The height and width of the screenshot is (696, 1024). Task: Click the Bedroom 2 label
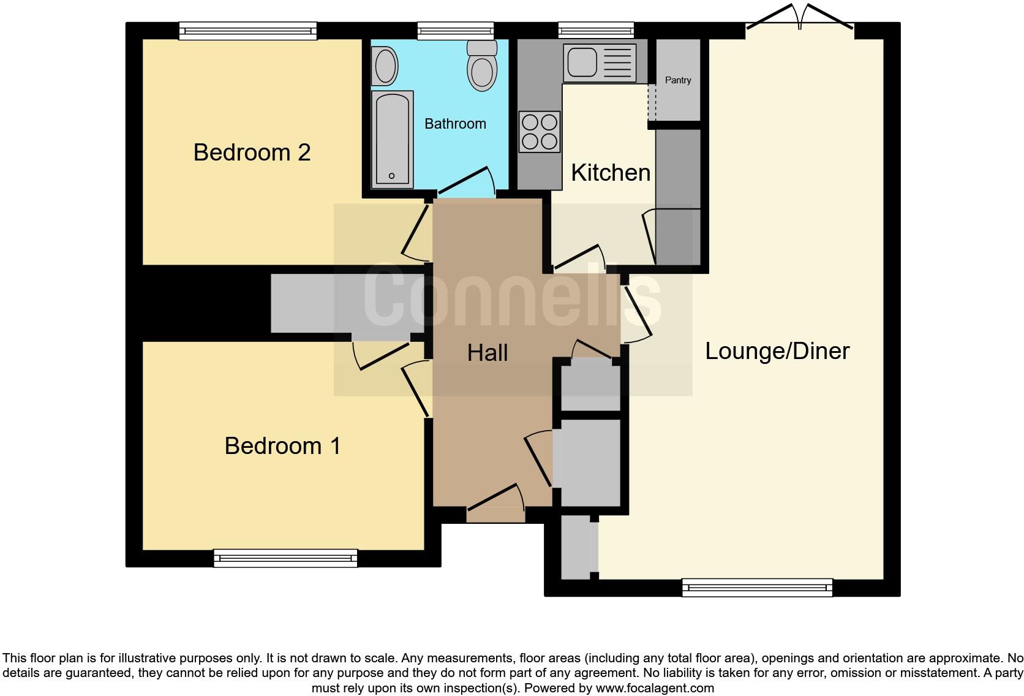click(x=252, y=152)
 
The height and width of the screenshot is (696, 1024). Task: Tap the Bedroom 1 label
click(x=282, y=445)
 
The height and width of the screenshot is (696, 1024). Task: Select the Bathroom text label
click(x=455, y=124)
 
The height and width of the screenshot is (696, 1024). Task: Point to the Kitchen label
click(x=611, y=173)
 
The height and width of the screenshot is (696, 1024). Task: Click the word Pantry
click(x=678, y=80)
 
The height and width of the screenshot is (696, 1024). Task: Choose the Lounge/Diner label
click(x=777, y=351)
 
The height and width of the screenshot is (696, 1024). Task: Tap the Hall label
click(x=488, y=353)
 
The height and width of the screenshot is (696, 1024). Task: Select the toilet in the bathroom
click(x=482, y=66)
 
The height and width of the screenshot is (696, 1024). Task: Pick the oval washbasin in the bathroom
click(x=385, y=66)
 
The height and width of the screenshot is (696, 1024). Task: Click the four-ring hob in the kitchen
click(x=540, y=132)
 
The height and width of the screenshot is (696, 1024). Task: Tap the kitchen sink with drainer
click(x=600, y=62)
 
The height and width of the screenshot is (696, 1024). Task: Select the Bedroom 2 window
click(x=248, y=30)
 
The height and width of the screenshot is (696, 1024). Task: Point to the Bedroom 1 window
click(x=285, y=558)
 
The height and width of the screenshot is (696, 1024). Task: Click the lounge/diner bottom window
click(x=757, y=588)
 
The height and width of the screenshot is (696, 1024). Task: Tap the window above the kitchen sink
click(x=596, y=29)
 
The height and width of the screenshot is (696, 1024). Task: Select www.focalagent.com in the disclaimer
click(x=654, y=688)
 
